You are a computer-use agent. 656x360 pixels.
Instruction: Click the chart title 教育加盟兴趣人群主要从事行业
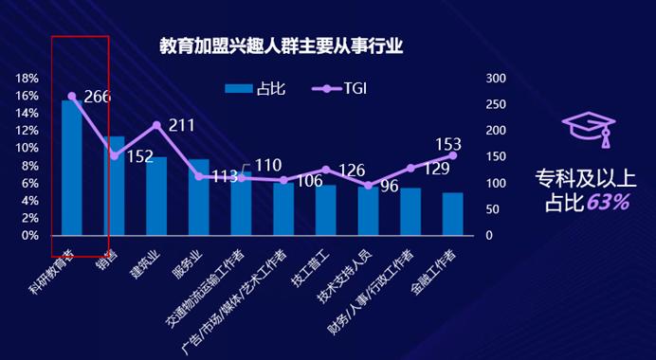(x=281, y=46)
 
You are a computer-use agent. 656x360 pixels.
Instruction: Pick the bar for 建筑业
(x=156, y=196)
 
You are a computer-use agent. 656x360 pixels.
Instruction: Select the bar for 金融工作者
(x=452, y=213)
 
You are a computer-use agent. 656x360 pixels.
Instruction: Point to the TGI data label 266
(x=97, y=97)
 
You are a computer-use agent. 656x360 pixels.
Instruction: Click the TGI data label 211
(x=181, y=125)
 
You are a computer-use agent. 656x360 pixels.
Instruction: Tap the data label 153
(x=447, y=144)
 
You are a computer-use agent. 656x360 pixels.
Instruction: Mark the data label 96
(x=389, y=187)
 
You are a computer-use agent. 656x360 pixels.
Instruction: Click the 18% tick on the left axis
(x=27, y=79)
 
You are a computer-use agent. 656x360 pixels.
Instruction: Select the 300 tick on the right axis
(x=497, y=79)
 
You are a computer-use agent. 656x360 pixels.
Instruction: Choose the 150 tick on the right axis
(x=497, y=157)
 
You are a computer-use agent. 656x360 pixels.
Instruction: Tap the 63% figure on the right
(x=608, y=201)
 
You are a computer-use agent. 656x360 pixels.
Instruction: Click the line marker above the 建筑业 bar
(x=156, y=126)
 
